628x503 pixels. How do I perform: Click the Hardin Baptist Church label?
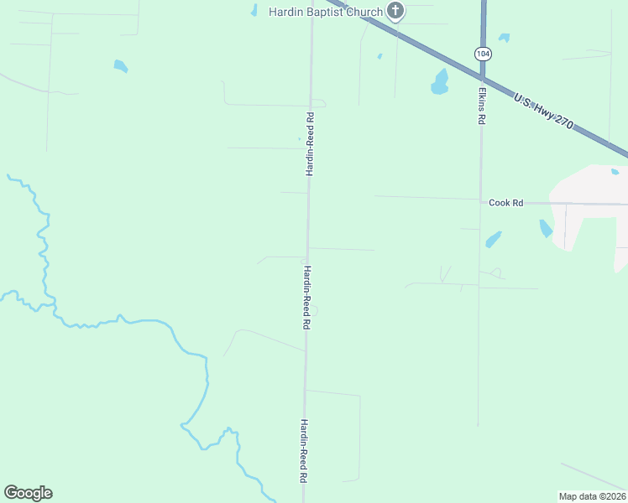(325, 12)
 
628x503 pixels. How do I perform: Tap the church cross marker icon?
(395, 12)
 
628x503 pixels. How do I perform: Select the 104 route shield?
(483, 54)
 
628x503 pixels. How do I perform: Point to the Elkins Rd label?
(482, 106)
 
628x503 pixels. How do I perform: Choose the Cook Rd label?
(506, 203)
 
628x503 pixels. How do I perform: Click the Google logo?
(28, 493)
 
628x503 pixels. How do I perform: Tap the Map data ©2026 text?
(592, 496)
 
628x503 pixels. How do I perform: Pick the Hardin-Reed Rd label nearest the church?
(310, 143)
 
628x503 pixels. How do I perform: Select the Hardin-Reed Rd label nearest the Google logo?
(303, 450)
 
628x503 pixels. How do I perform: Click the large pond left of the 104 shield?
(440, 82)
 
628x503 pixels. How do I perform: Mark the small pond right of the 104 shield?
(504, 38)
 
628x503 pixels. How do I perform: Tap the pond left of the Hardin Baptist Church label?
(254, 11)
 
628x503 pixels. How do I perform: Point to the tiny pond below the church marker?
(379, 57)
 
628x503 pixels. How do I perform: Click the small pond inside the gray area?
(615, 172)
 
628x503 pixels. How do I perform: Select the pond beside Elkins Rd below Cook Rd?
(493, 240)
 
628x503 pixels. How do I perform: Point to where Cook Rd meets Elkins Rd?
(480, 200)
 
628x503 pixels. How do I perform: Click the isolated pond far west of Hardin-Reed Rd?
(121, 65)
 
